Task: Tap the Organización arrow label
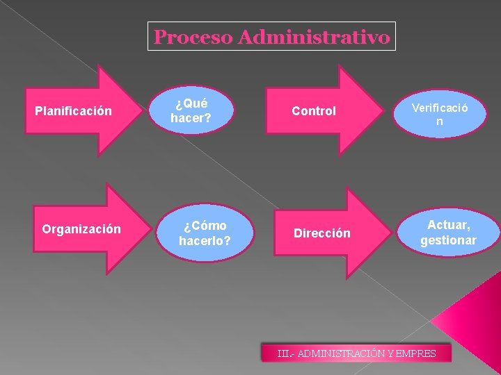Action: pos(81,228)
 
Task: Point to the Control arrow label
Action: pos(314,110)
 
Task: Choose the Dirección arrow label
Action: pos(321,233)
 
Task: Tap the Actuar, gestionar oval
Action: pos(449,232)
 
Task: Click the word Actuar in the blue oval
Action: pos(449,224)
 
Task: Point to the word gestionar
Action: pos(449,240)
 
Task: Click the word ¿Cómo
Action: pos(205,226)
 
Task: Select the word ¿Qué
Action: pos(191,103)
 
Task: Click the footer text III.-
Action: pos(285,353)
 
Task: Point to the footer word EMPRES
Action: pos(415,353)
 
